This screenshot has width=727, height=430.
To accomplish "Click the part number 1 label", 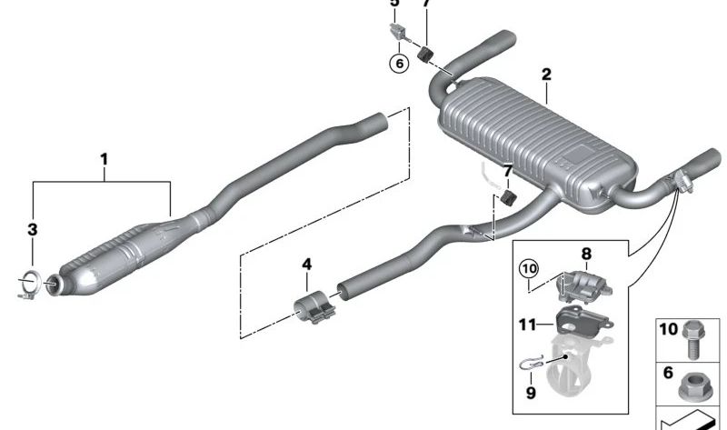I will point(104,160).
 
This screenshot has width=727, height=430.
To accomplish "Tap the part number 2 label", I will point(546,74).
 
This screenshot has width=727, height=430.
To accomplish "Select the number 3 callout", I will point(32,230).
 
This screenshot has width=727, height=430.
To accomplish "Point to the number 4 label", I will point(306,264).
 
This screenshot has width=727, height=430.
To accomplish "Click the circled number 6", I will point(397,65).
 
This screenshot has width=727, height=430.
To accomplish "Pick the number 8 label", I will point(585,255).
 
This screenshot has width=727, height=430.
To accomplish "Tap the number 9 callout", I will point(531,393).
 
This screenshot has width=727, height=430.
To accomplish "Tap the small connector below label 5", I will point(397,30).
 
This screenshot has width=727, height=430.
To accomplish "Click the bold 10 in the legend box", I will point(668,329).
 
